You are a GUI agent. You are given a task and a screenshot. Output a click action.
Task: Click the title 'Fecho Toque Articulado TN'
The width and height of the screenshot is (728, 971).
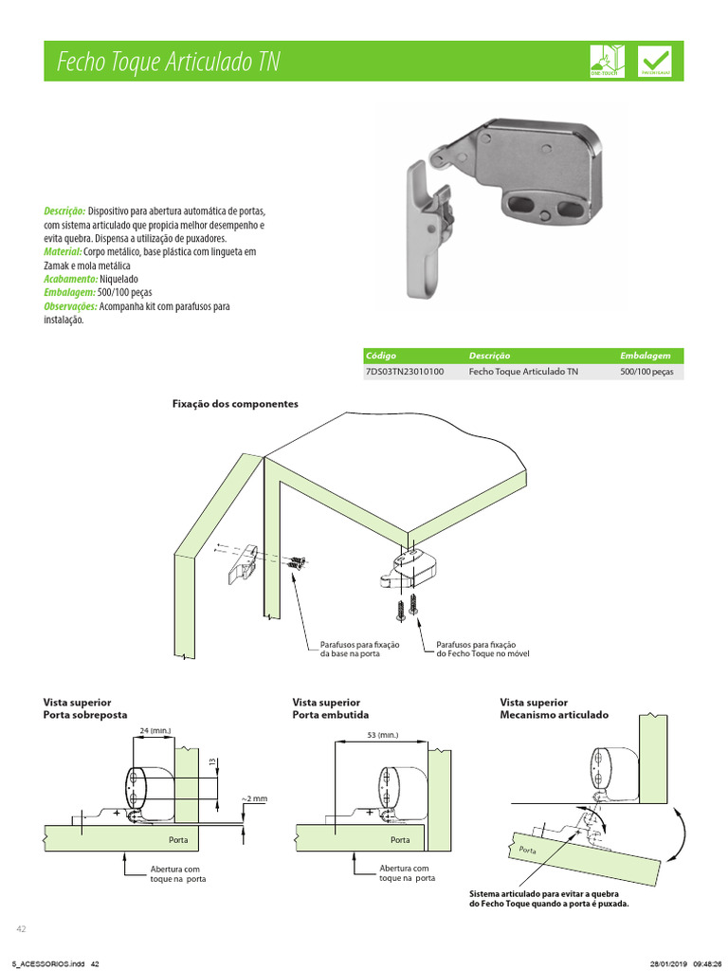[168, 63]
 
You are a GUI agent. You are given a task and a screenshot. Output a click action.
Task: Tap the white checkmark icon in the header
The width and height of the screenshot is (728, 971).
[657, 59]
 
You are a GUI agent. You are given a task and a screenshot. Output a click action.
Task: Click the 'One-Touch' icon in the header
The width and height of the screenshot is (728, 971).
[607, 60]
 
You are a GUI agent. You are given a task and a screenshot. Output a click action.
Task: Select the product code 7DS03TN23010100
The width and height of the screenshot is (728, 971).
[405, 372]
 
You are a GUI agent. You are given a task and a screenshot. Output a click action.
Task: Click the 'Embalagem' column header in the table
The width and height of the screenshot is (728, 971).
[646, 356]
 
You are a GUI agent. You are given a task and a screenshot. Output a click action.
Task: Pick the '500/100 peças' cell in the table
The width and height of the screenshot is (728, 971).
[646, 372]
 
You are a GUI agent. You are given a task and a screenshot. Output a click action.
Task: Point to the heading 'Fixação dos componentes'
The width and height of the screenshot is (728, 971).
[235, 404]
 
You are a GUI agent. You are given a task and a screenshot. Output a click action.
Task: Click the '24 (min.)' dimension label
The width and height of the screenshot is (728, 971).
[155, 730]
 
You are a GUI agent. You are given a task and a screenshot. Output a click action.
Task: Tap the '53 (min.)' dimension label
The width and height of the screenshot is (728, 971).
[382, 735]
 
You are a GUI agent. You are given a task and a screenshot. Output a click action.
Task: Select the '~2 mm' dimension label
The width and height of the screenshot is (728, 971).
[254, 798]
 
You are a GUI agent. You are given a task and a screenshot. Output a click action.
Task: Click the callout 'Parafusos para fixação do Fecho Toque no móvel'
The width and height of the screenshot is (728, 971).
[482, 650]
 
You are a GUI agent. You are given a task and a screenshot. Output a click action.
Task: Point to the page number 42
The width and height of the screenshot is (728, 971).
[21, 927]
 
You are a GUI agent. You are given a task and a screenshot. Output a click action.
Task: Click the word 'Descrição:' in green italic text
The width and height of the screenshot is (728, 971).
[64, 211]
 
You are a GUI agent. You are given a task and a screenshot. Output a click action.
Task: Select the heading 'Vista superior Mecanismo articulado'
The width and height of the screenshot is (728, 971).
[555, 708]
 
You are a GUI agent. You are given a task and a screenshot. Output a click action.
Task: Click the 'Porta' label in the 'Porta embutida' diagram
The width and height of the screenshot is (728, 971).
[400, 840]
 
